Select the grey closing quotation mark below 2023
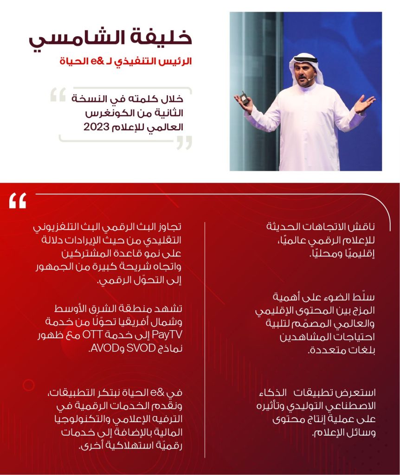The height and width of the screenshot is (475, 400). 184,142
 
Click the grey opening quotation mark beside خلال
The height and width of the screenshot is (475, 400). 58,95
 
